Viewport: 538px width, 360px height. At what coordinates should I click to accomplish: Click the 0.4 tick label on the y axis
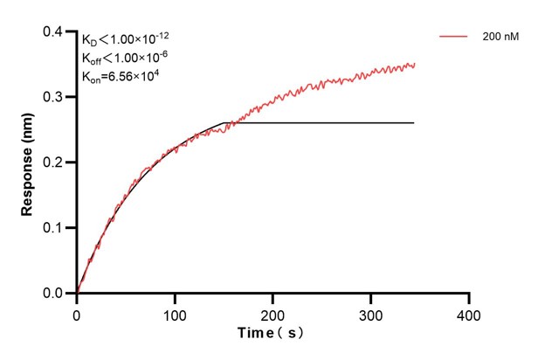[53, 32]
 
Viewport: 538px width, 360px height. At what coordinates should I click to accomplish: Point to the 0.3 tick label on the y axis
[53, 98]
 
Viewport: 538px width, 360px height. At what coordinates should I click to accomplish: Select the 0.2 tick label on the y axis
[53, 163]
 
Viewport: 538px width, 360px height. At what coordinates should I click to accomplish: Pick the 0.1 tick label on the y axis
[53, 228]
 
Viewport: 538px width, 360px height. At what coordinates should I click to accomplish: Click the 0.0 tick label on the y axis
[53, 294]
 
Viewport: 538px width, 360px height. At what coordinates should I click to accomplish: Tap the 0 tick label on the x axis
[77, 313]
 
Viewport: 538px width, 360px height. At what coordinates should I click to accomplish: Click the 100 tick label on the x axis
[175, 313]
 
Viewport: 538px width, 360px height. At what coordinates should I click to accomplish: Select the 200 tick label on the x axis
[273, 313]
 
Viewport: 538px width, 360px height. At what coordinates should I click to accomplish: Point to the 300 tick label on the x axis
[371, 313]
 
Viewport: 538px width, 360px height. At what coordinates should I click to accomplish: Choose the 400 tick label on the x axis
[469, 313]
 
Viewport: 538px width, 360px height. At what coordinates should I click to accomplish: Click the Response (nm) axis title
[27, 162]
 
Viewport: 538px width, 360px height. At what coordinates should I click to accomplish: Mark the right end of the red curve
[415, 64]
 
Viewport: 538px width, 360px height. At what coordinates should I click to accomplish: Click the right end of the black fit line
[413, 122]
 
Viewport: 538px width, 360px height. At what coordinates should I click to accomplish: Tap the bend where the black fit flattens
[225, 122]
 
